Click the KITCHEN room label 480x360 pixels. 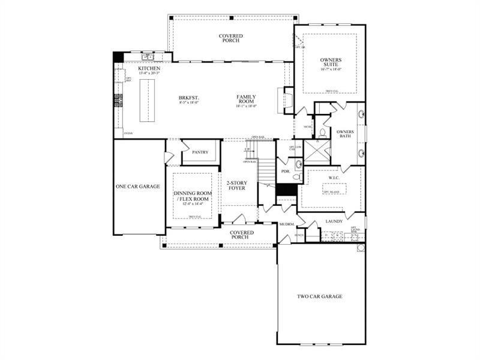click(x=149, y=69)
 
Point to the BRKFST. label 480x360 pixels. click(x=188, y=97)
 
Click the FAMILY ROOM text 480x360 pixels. click(x=246, y=100)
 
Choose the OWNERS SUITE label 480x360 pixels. click(x=329, y=62)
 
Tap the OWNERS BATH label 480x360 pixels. click(x=345, y=134)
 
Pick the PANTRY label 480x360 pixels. click(x=200, y=152)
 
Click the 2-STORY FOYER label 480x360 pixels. click(x=236, y=185)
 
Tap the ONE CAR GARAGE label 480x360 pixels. click(x=137, y=187)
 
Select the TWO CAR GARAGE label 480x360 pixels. click(x=320, y=296)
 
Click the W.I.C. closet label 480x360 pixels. click(x=334, y=178)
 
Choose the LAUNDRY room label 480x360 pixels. click(x=334, y=221)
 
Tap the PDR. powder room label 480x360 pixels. click(x=286, y=172)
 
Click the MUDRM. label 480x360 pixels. click(x=286, y=224)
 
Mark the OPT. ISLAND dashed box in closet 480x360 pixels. click(x=334, y=191)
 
